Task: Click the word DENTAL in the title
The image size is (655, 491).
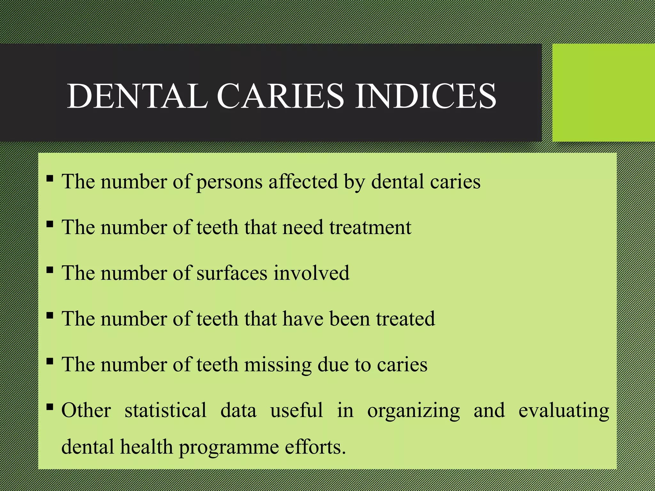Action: (138, 96)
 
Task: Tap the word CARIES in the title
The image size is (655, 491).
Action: (280, 96)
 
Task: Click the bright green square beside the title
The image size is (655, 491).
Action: (604, 93)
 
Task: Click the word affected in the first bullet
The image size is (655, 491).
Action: (303, 182)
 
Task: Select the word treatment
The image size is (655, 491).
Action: (370, 227)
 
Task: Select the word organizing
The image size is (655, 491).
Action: (413, 411)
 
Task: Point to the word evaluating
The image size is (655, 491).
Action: (564, 411)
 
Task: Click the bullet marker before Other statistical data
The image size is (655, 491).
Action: (50, 407)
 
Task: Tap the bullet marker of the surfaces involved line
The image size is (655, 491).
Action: (50, 270)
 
